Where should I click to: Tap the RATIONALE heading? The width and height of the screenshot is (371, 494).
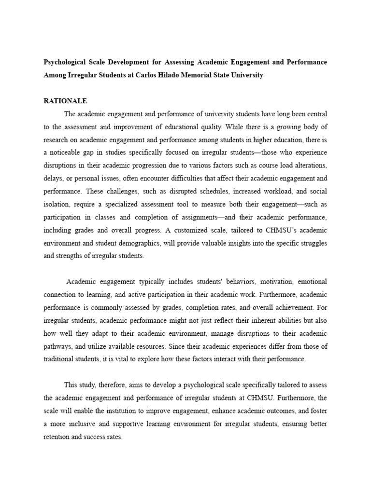(65, 101)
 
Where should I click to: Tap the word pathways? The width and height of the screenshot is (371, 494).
(57, 346)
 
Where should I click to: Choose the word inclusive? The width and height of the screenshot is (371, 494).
(82, 424)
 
